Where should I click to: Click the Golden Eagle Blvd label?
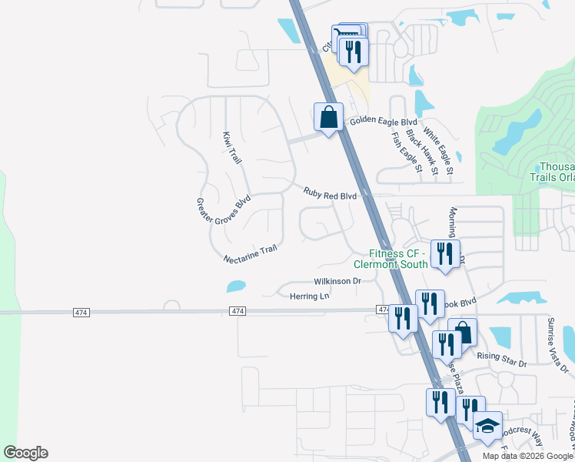[x=383, y=122]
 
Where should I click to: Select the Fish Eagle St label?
[x=407, y=152]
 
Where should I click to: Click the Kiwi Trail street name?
[x=231, y=148]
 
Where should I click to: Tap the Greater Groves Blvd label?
[x=224, y=216]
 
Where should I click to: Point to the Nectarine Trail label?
[x=250, y=254]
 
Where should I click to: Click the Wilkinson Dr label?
[x=337, y=281]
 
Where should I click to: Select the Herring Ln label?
[x=309, y=296]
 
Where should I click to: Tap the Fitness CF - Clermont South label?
[x=397, y=259]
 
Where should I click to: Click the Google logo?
[x=25, y=453]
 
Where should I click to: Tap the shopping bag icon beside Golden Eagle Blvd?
[x=329, y=117]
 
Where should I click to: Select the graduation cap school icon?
[x=487, y=425]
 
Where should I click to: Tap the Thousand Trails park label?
[x=556, y=171]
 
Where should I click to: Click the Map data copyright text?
[x=527, y=456]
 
